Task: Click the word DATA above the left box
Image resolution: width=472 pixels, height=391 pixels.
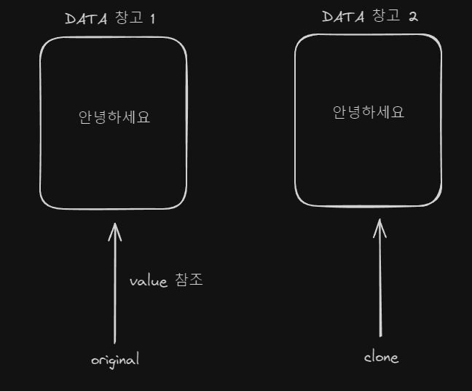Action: click(87, 19)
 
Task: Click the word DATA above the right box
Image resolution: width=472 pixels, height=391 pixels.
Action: click(343, 17)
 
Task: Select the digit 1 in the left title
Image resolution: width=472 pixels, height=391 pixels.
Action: click(152, 19)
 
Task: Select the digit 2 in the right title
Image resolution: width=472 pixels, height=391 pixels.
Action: click(413, 17)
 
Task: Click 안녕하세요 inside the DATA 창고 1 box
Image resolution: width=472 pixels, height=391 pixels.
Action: click(114, 117)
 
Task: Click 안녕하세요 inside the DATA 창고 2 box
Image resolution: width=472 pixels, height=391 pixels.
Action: click(369, 112)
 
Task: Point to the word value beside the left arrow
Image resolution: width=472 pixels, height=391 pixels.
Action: click(149, 281)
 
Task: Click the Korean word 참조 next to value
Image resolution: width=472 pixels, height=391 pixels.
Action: click(189, 280)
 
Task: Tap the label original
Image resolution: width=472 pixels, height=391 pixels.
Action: click(114, 360)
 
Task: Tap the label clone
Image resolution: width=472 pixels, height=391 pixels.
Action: click(381, 357)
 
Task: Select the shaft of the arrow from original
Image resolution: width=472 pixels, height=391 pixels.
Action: click(114, 291)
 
